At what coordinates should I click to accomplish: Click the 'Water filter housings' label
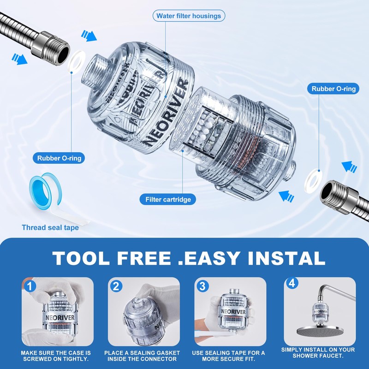(x=189, y=16)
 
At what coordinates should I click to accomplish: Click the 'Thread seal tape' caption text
(x=50, y=227)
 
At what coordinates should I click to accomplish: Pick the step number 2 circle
(x=116, y=286)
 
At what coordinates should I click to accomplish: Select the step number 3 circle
(x=202, y=286)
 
